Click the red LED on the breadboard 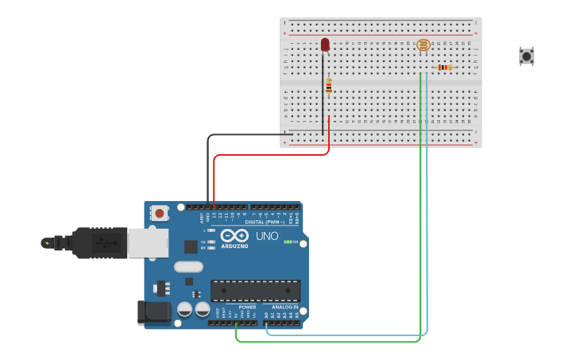click(x=325, y=45)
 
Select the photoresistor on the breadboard click(x=423, y=45)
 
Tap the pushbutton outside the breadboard click(x=526, y=56)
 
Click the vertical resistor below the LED click(x=329, y=86)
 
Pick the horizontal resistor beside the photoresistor click(x=444, y=68)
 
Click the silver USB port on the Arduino click(x=149, y=242)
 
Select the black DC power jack click(x=153, y=312)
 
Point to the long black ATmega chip click(x=255, y=290)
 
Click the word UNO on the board click(x=267, y=237)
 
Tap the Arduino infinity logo click(x=234, y=236)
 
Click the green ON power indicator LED click(x=287, y=242)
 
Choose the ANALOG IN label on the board click(x=285, y=307)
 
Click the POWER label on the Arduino click(x=247, y=307)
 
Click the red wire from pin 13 click(x=270, y=154)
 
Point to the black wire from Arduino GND click(x=209, y=167)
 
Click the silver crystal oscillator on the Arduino click(x=188, y=267)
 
